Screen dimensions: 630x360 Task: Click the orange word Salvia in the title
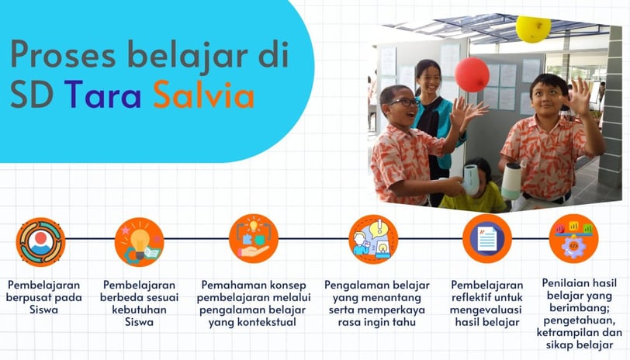204,94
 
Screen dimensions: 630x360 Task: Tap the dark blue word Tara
103,95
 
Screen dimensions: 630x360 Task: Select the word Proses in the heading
63,54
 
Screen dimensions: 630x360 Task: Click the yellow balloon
533,29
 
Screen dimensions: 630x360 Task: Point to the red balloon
472,74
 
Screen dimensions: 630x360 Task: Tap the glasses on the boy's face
403,102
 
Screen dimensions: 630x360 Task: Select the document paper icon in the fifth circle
487,239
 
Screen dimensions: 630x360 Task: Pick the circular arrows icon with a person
40,242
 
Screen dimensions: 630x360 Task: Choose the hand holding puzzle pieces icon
254,239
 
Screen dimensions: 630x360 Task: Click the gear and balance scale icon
573,239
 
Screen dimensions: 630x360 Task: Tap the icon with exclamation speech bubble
373,239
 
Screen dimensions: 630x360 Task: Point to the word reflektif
471,297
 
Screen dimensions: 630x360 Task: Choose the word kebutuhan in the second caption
139,310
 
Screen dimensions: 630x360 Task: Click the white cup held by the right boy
511,181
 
